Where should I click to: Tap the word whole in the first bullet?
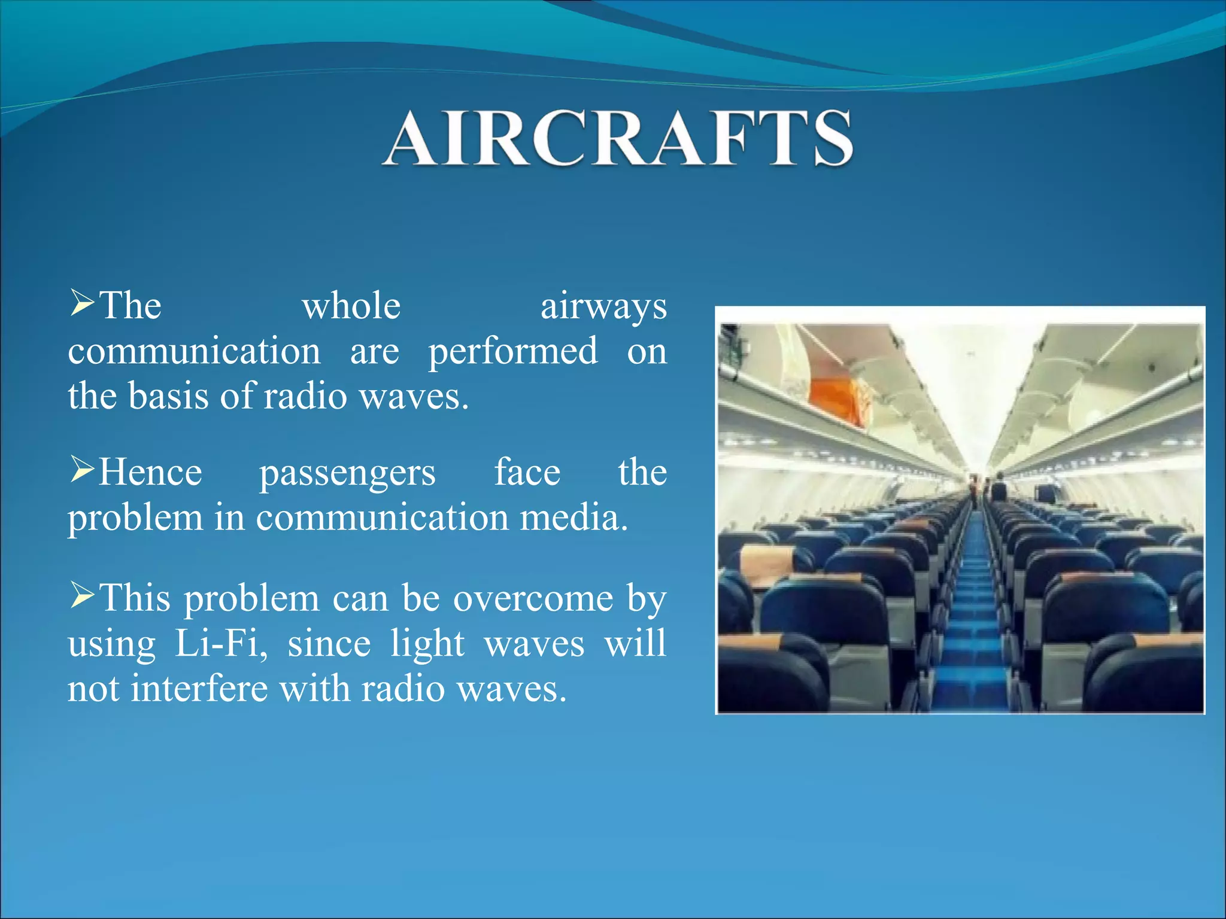[x=351, y=306]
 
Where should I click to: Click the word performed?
[x=513, y=352]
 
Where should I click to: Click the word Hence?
[x=150, y=473]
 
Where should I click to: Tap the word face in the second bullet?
[x=527, y=472]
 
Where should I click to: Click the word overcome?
[x=533, y=598]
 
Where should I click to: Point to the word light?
[x=427, y=645]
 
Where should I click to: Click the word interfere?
[x=199, y=689]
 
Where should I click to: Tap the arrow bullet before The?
[x=81, y=302]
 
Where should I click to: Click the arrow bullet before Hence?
[x=81, y=468]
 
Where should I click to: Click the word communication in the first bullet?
[x=195, y=352]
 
